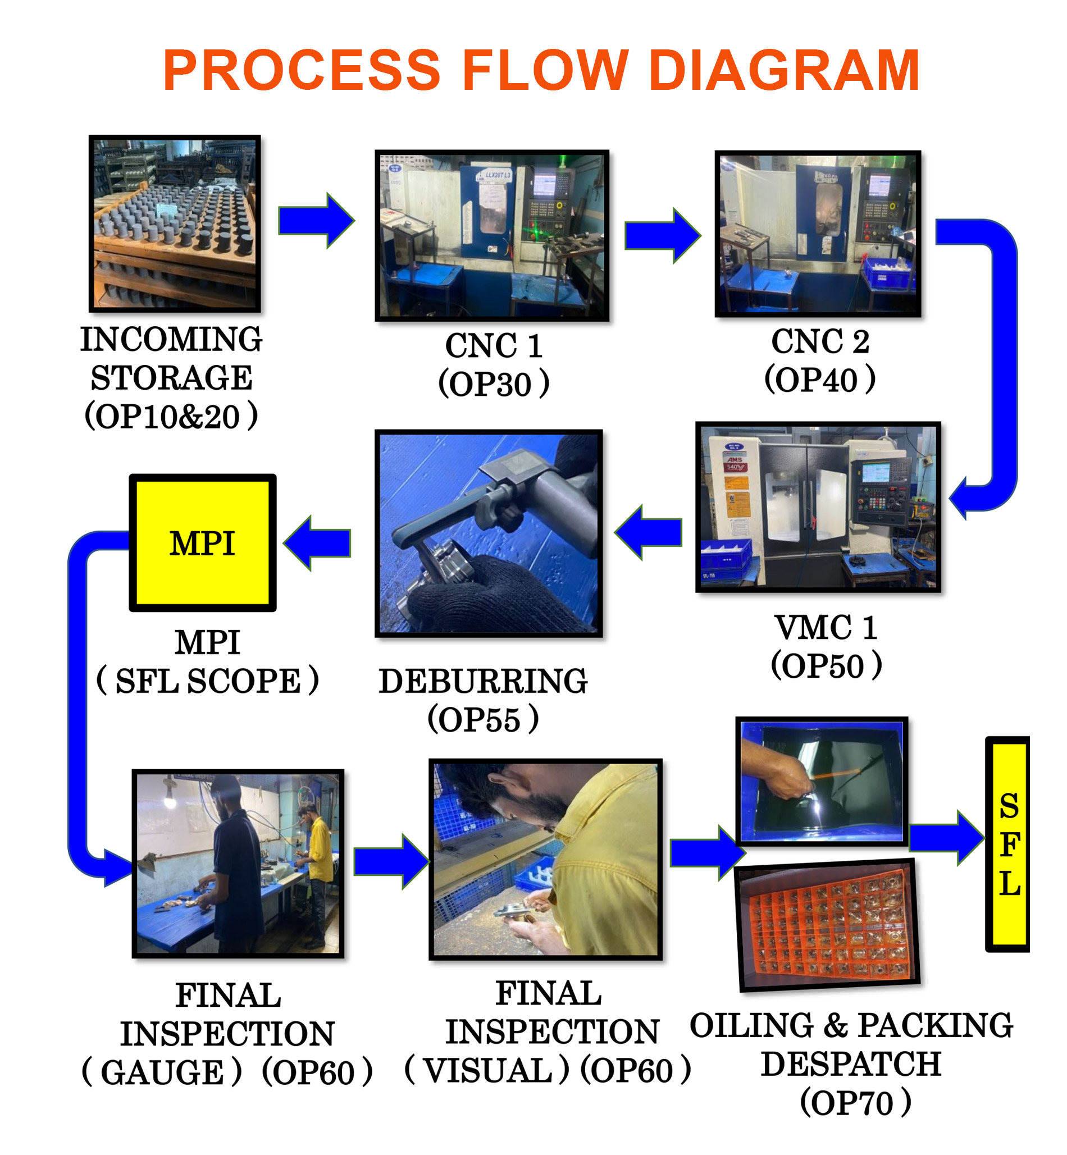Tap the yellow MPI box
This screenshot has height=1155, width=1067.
click(x=202, y=542)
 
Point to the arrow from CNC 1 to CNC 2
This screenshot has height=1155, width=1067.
click(x=662, y=235)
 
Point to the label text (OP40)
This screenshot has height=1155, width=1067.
click(x=819, y=380)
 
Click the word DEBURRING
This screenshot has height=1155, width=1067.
click(x=483, y=681)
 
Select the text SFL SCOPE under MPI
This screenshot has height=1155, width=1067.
click(x=208, y=681)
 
